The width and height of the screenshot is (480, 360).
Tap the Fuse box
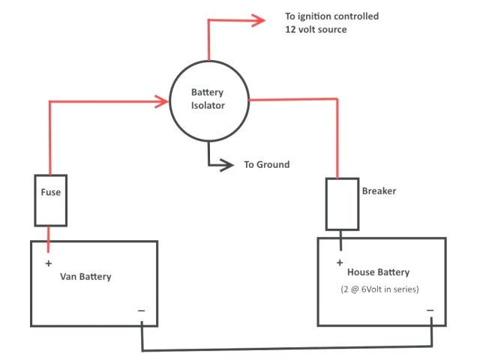pyautogui.click(x=50, y=200)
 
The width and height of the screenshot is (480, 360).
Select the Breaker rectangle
pyautogui.click(x=342, y=204)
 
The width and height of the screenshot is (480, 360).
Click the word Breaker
pyautogui.click(x=379, y=191)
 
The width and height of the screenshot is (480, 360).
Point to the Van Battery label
pyautogui.click(x=85, y=277)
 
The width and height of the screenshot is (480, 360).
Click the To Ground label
pyautogui.click(x=266, y=165)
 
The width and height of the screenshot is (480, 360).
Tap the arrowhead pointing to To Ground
pyautogui.click(x=224, y=165)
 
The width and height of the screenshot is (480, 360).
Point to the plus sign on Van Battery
pyautogui.click(x=49, y=263)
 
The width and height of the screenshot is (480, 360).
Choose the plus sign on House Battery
pyautogui.click(x=340, y=262)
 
